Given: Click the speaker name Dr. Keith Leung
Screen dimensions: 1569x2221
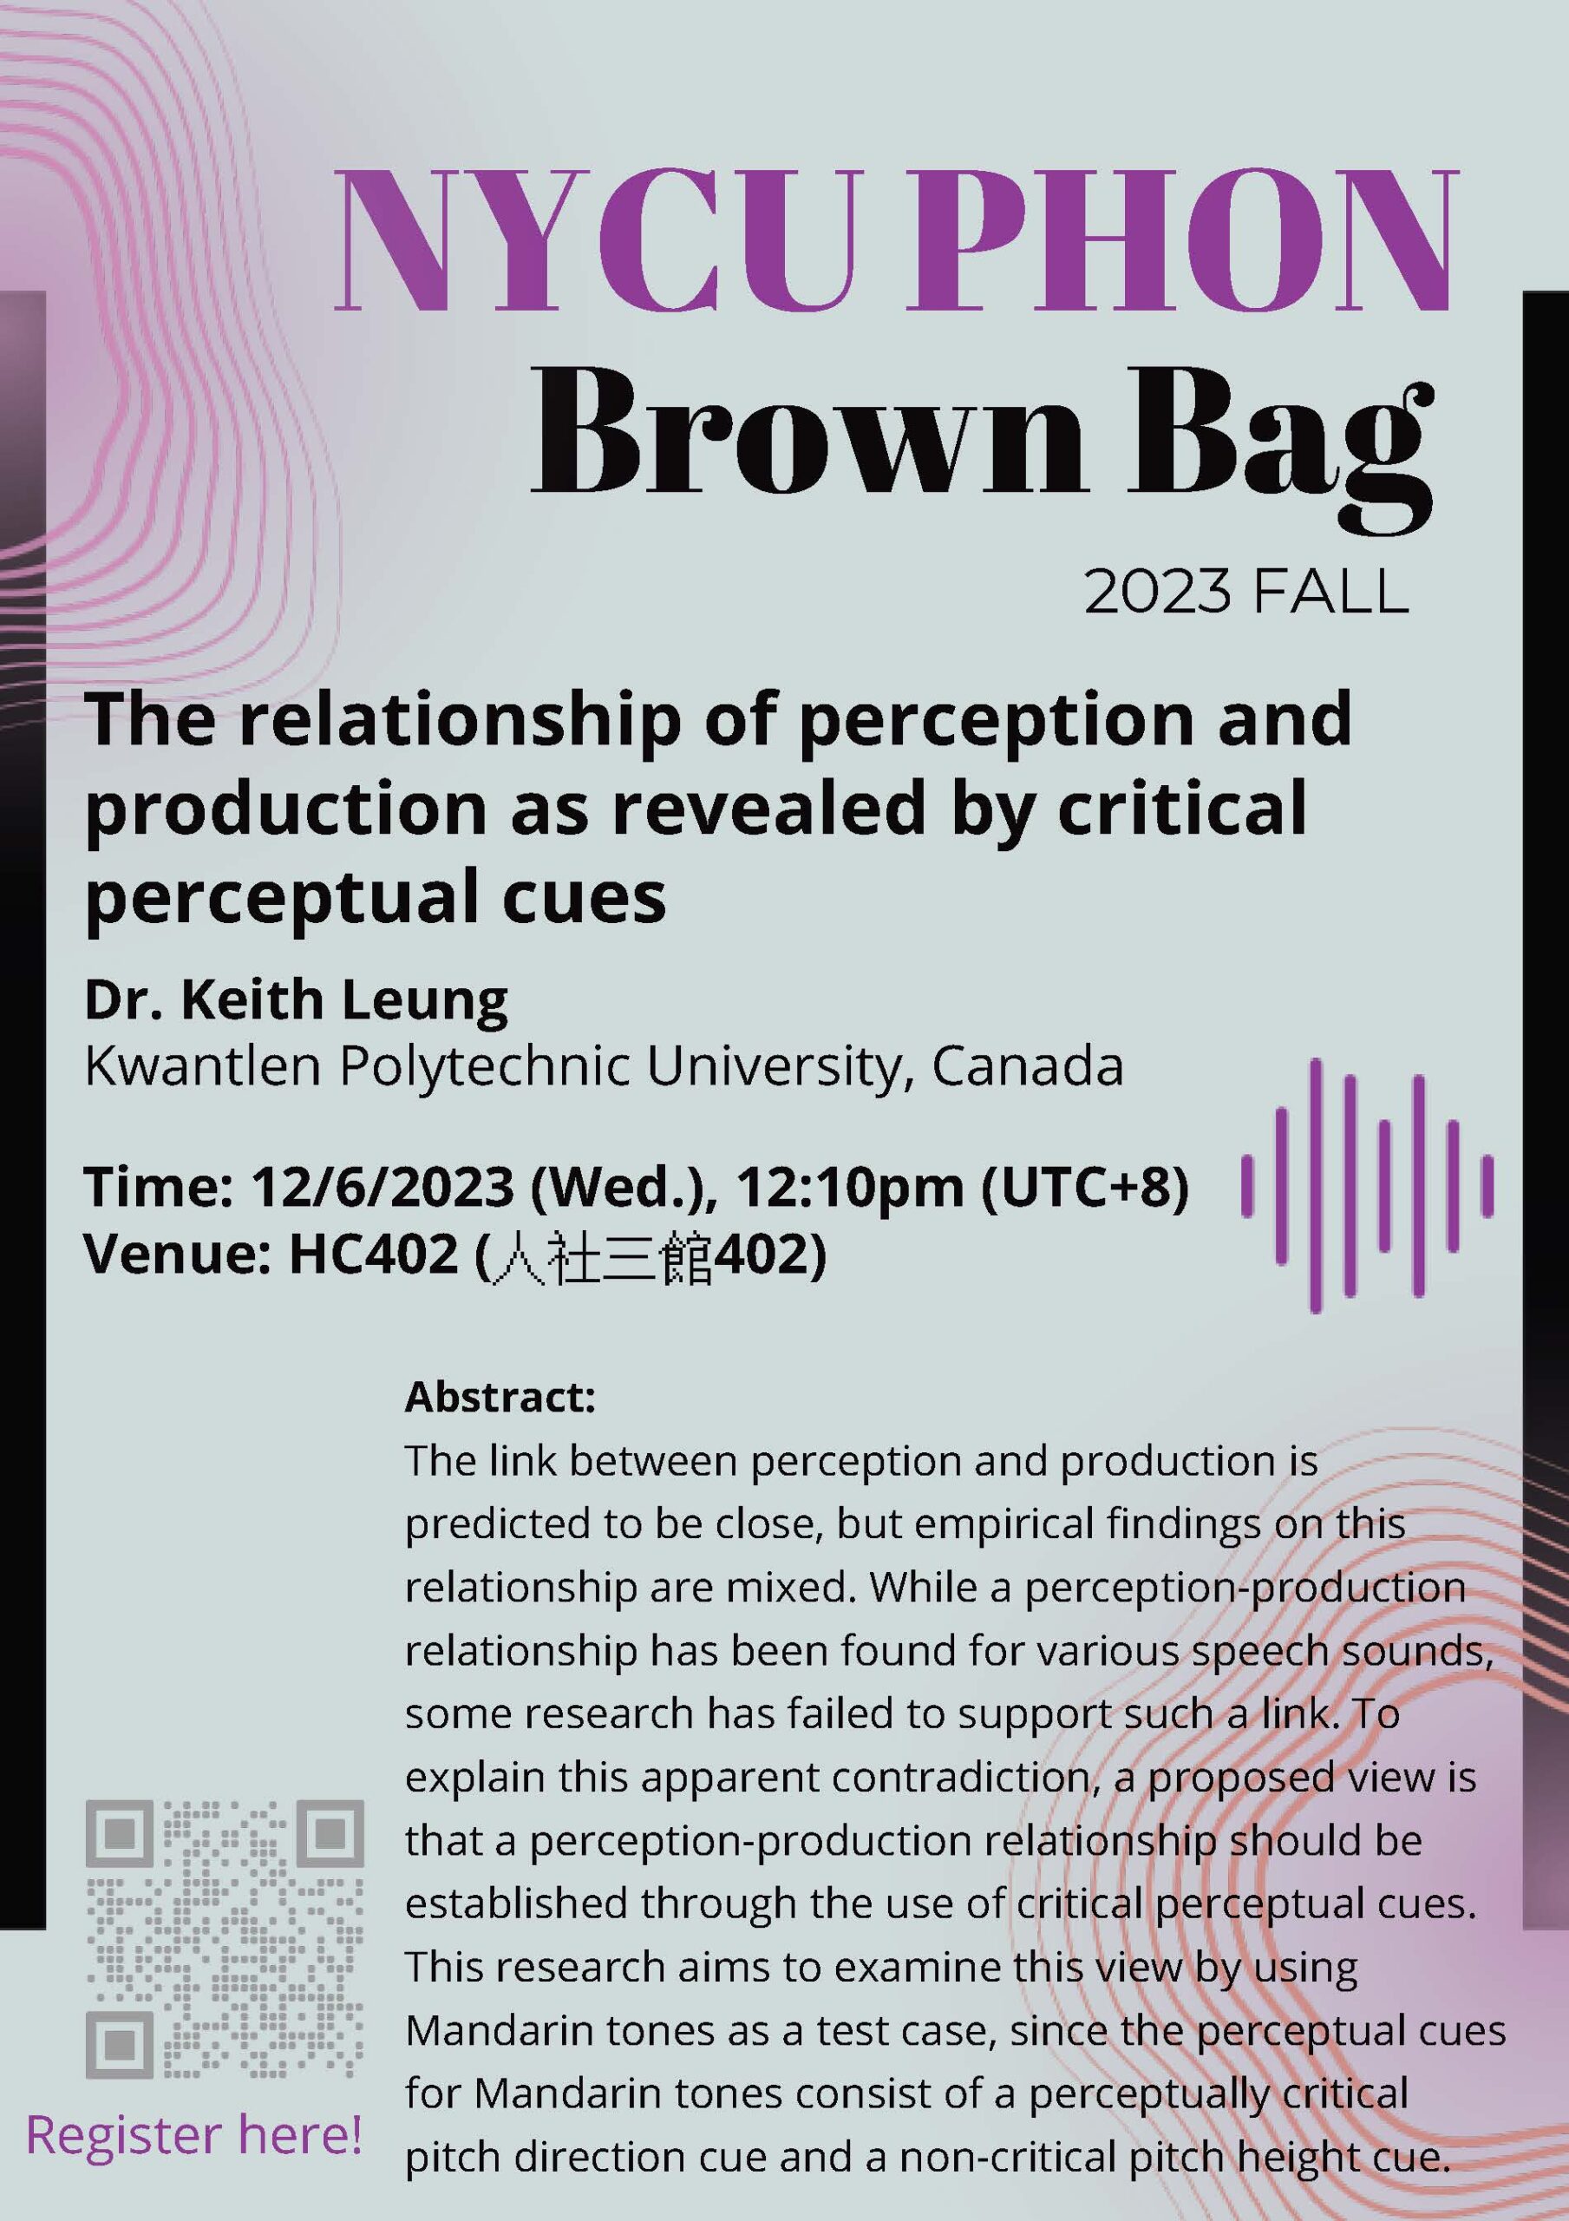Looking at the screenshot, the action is tap(296, 1000).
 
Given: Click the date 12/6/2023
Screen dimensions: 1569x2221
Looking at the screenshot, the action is tap(382, 1187).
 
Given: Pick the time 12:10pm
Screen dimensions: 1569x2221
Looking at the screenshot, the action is tap(850, 1189).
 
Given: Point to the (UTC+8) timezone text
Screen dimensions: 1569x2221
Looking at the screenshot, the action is tap(1084, 1188).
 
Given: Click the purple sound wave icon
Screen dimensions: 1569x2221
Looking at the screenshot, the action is tap(1367, 1185).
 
